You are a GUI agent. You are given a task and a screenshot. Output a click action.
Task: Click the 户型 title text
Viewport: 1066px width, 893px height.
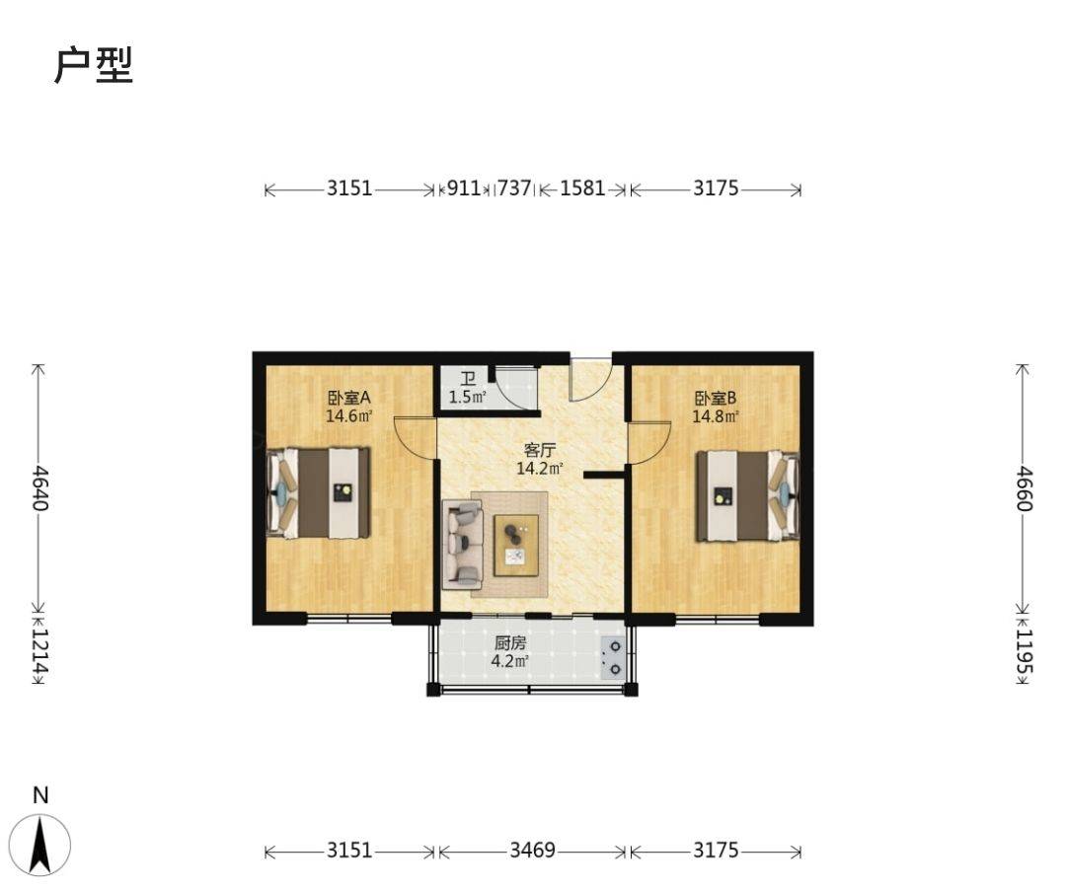[x=93, y=66]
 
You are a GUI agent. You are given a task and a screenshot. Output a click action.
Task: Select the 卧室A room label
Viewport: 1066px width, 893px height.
[x=348, y=398]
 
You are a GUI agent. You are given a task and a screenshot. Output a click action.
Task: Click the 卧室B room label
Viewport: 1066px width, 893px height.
[x=716, y=398]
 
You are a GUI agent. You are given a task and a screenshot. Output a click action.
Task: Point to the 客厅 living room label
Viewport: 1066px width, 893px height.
[x=540, y=450]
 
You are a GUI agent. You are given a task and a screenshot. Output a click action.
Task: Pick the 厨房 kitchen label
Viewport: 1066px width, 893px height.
[x=510, y=643]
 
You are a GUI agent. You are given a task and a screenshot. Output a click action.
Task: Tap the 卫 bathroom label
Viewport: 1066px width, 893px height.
[x=468, y=380]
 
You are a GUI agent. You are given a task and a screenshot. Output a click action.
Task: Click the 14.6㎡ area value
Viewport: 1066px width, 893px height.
[x=348, y=416]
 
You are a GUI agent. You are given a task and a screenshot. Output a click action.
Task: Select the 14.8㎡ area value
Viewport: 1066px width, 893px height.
[x=716, y=416]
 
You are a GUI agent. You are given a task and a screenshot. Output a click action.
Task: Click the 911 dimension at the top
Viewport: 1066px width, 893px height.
[x=464, y=187]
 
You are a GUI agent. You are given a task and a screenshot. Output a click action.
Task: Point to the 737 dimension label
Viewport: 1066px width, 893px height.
[x=514, y=187]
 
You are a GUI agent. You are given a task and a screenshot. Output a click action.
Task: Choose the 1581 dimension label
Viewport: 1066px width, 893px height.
[x=582, y=187]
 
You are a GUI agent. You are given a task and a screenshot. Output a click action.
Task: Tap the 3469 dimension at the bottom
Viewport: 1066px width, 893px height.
[x=532, y=851]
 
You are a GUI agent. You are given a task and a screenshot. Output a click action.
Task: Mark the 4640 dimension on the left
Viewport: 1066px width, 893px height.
[x=38, y=488]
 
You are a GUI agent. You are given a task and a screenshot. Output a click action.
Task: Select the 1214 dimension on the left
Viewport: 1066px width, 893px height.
[x=38, y=650]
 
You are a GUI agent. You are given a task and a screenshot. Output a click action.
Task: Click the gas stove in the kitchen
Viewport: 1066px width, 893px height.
[x=613, y=657]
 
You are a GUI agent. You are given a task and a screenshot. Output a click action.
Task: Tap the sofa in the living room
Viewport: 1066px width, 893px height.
[x=462, y=545]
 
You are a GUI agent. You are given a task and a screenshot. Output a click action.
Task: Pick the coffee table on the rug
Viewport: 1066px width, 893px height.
[x=516, y=545]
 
